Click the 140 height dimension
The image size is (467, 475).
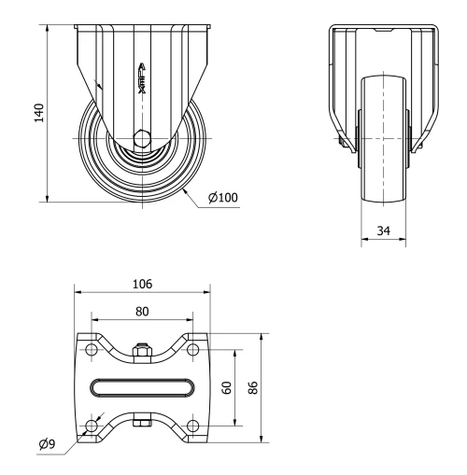point(38,113)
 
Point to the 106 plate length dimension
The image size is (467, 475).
point(142,283)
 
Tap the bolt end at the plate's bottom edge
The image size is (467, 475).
point(142,425)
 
